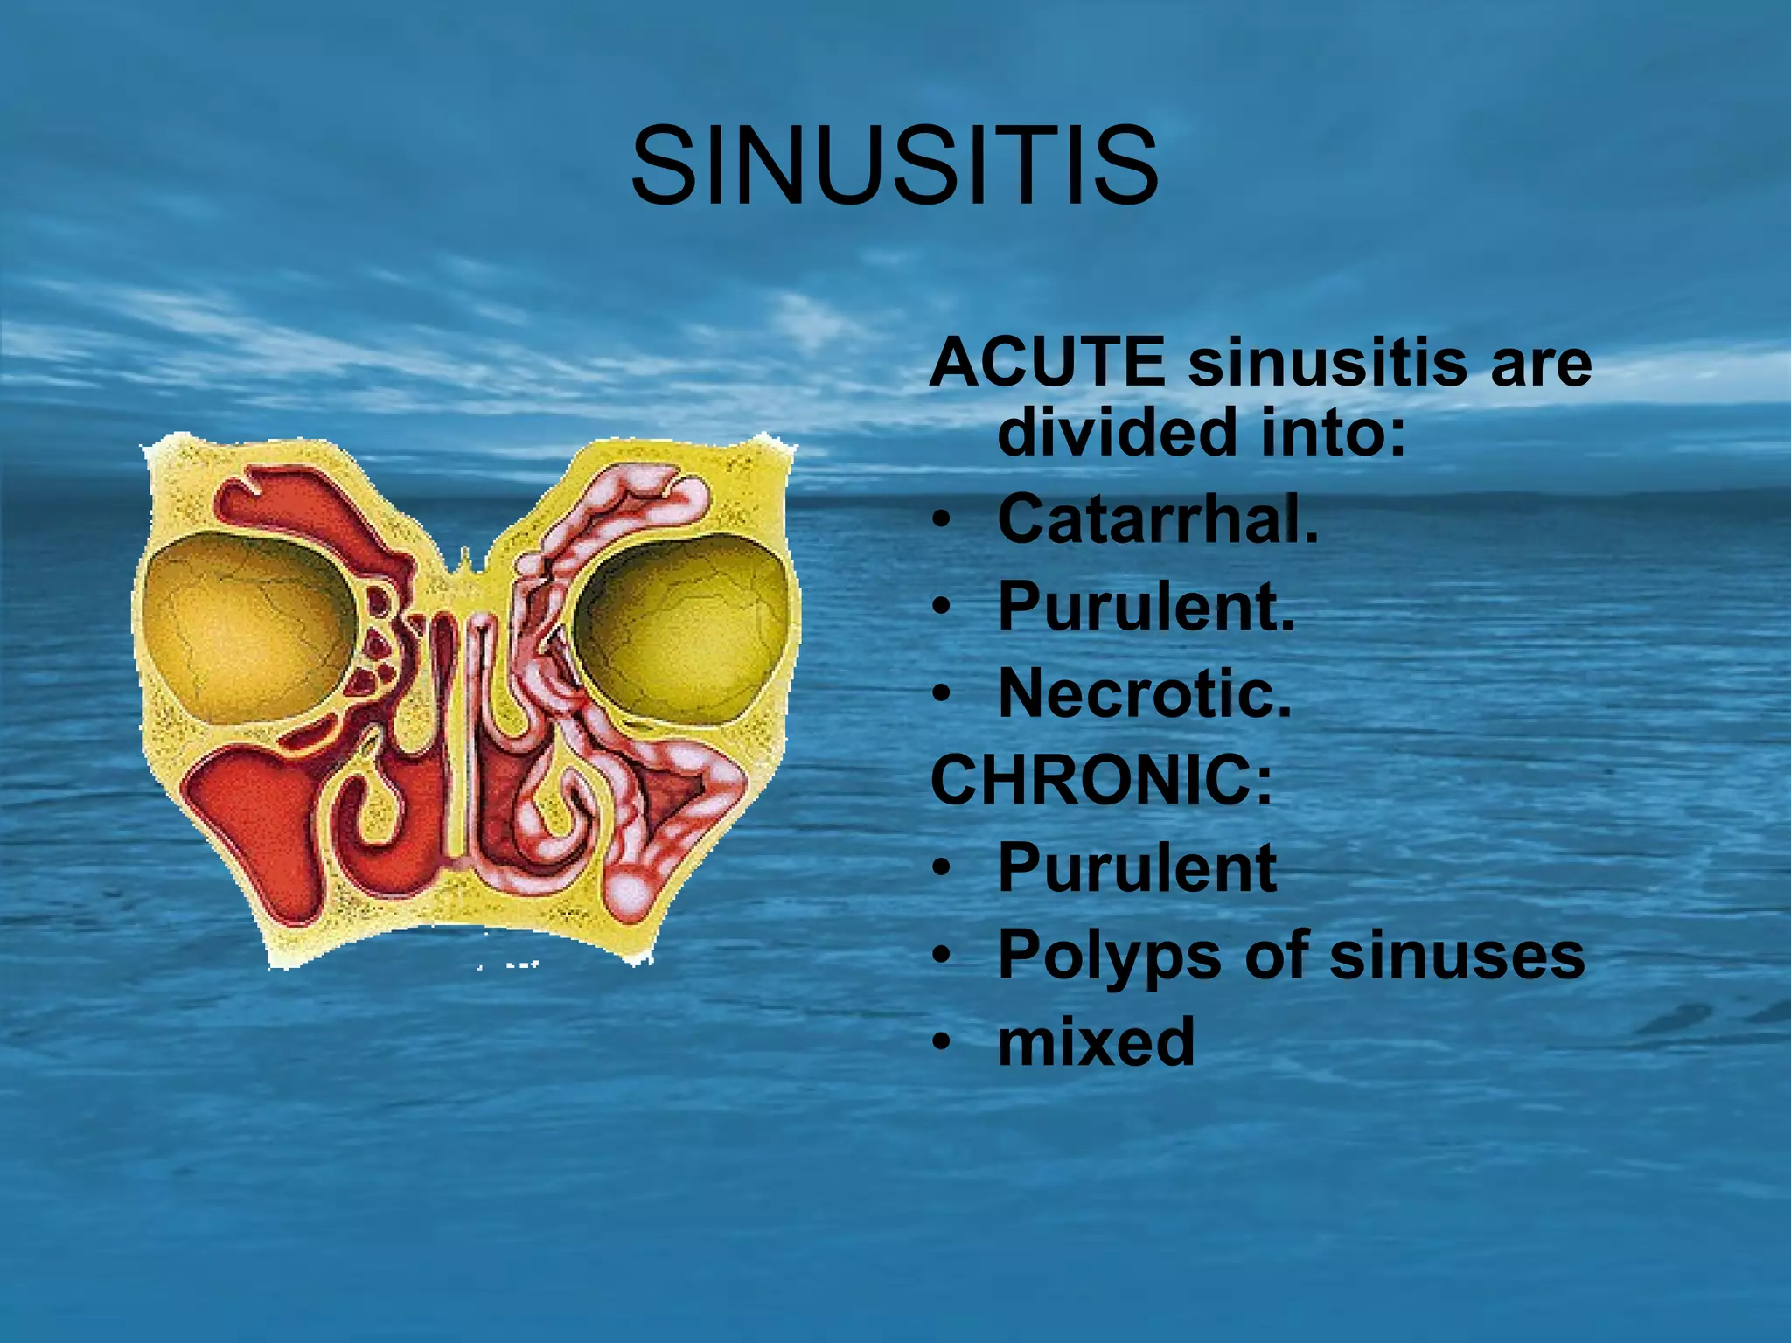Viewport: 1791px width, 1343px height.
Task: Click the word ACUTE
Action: tap(1047, 362)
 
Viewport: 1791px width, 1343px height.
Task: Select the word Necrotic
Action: tap(1144, 693)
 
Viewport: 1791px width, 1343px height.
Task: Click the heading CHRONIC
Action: tap(1100, 780)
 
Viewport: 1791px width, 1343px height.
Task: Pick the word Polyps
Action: tap(1110, 955)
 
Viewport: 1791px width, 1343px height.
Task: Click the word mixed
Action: tap(1096, 1041)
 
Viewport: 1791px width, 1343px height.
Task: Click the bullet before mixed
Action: tap(940, 1043)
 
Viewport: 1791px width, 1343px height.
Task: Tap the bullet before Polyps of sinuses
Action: tap(940, 956)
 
